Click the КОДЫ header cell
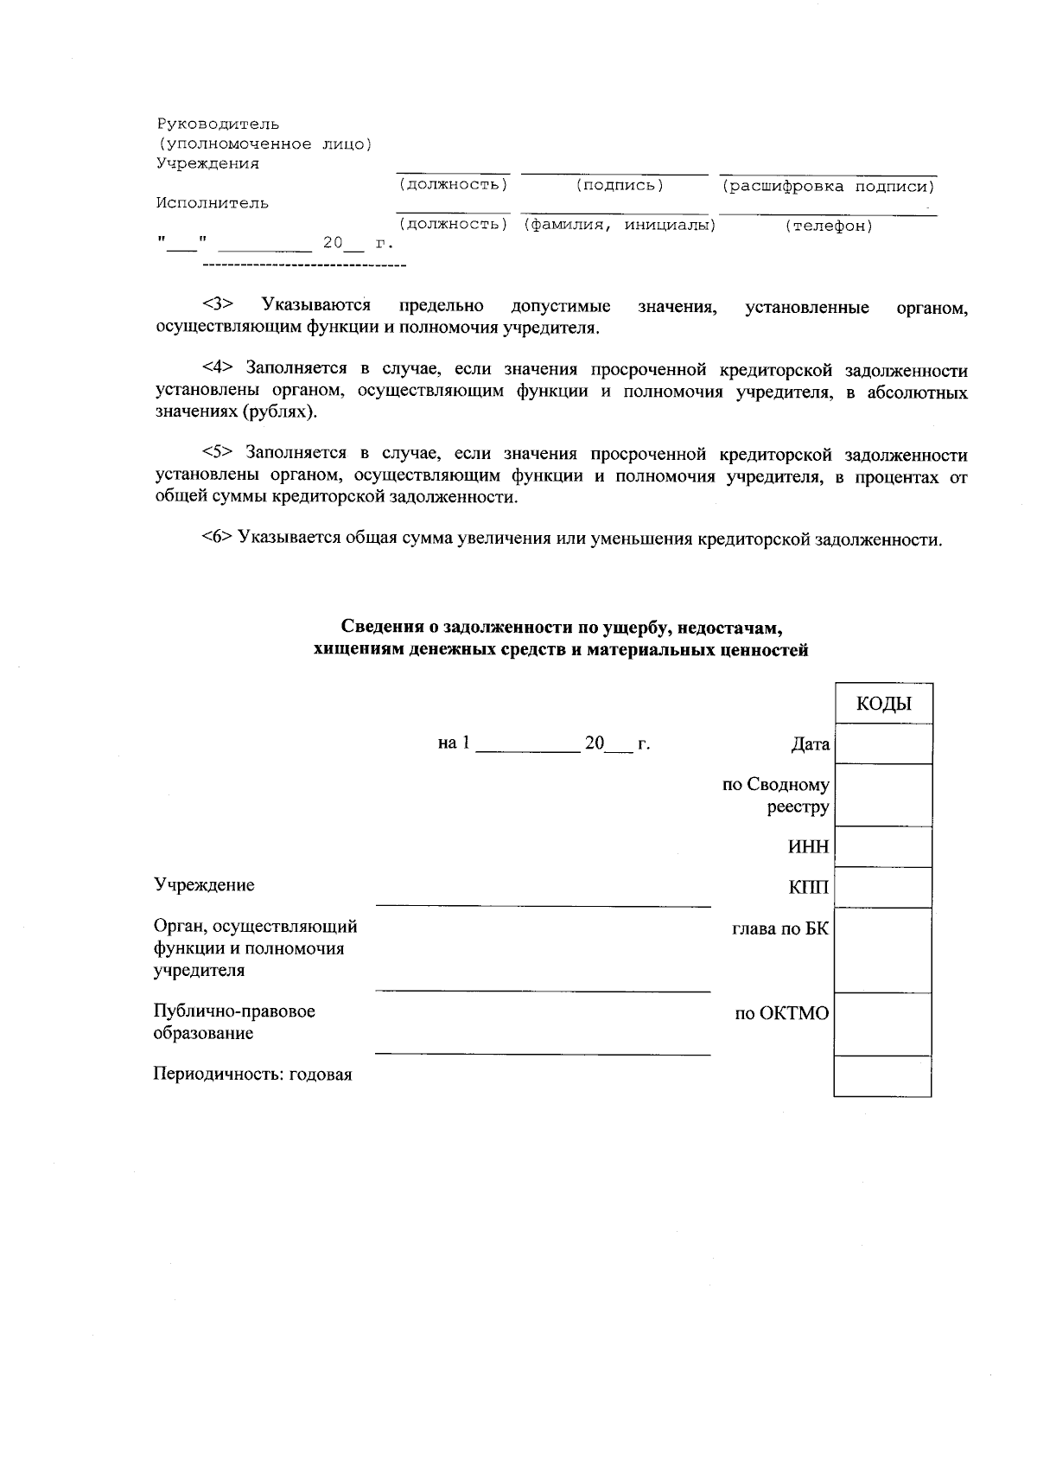(x=883, y=704)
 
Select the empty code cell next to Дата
(x=883, y=743)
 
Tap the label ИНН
(x=808, y=847)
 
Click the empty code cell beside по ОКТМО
(x=883, y=1024)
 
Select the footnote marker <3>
(x=219, y=305)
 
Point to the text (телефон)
(x=829, y=226)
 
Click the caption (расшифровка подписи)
(x=829, y=187)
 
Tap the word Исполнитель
(x=212, y=203)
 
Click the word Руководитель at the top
(x=217, y=124)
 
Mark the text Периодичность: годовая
(x=252, y=1075)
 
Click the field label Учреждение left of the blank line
(x=204, y=885)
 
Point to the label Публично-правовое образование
(x=233, y=1022)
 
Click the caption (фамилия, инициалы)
(x=619, y=226)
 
